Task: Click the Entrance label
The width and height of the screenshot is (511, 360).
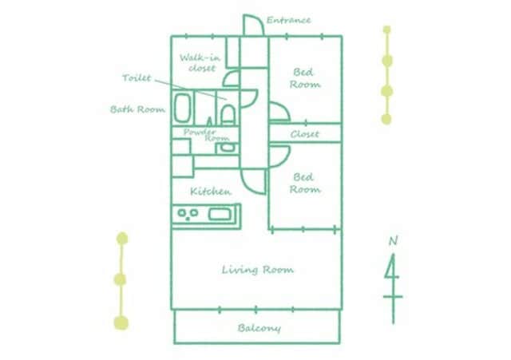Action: point(288,20)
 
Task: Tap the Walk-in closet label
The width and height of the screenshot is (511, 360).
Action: point(200,63)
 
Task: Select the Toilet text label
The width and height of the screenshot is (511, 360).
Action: point(137,78)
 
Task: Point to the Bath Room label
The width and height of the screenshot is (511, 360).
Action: point(137,109)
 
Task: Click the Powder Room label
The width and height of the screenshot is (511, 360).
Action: point(206,135)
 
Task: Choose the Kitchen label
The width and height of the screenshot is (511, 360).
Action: point(211,192)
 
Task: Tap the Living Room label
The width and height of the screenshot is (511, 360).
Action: point(257,270)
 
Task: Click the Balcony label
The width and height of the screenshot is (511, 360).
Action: point(259,328)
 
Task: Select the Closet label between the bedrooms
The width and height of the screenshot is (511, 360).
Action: point(305,134)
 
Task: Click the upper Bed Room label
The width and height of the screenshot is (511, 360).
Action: point(305,78)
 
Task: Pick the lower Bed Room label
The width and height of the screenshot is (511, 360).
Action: point(305,183)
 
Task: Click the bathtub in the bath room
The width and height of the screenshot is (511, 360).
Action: point(182,108)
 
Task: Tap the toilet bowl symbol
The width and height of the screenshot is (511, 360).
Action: point(228,114)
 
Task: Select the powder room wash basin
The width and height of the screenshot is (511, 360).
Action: point(227,148)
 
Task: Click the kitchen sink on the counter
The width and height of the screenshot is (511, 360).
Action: point(220,214)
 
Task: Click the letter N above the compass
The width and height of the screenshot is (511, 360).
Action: point(394,241)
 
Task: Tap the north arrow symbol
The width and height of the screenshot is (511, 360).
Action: point(393,288)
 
